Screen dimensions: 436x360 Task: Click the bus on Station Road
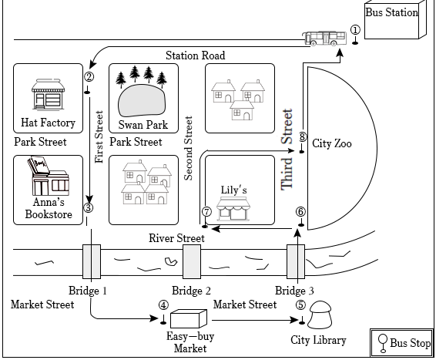click(324, 38)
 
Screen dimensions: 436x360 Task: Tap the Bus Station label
click(392, 12)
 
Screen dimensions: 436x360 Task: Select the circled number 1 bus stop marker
click(355, 30)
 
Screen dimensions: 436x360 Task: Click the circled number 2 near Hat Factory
click(89, 77)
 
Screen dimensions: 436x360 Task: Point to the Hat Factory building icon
click(48, 94)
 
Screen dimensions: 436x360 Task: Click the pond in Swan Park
click(142, 100)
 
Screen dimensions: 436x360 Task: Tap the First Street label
click(99, 137)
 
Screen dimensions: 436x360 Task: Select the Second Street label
click(188, 148)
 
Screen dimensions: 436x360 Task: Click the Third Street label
click(287, 150)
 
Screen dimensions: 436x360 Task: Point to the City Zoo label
click(332, 143)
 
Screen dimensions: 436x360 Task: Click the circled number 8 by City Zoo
click(303, 136)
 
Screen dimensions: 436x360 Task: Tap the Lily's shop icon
click(233, 209)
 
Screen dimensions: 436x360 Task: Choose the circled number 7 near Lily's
click(206, 212)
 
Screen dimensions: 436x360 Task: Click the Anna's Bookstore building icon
click(49, 176)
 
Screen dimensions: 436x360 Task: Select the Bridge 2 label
click(191, 291)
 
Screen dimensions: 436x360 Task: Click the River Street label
click(176, 238)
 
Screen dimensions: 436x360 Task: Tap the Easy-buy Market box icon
click(189, 318)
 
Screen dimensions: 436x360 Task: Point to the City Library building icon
click(320, 315)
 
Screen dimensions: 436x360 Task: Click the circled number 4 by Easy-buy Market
click(163, 305)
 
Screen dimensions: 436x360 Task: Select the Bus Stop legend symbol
click(383, 343)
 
